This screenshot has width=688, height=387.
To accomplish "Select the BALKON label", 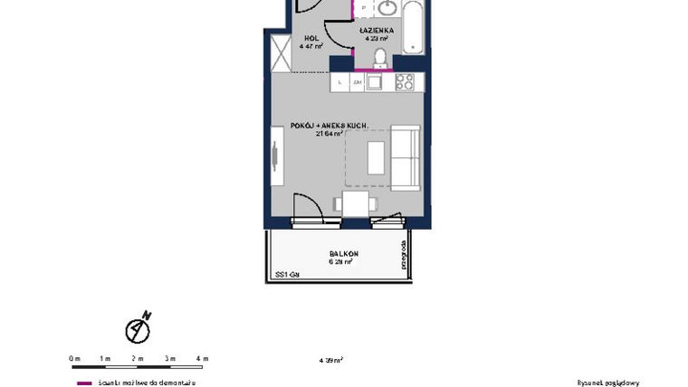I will click(337, 253).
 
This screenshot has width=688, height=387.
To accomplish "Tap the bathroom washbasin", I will click(387, 9).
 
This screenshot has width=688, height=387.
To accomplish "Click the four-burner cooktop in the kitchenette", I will click(405, 82).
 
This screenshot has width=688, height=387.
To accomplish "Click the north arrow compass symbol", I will click(139, 329).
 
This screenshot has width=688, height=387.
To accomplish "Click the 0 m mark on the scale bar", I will click(74, 359).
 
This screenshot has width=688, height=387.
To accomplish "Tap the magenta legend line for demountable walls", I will click(83, 382).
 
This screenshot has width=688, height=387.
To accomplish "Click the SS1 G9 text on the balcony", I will click(287, 274).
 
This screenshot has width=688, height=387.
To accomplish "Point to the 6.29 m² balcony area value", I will click(337, 262).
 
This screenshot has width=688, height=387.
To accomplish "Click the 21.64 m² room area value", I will click(329, 134).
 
